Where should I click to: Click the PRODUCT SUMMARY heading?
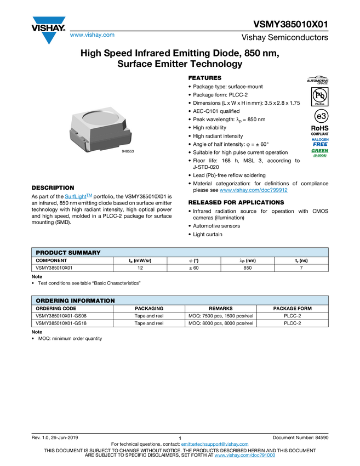[68, 252]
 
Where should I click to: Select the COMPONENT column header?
[52, 261]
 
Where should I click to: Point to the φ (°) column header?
[193, 261]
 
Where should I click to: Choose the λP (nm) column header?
[248, 261]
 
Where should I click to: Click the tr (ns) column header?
[301, 261]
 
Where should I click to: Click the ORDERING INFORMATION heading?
[75, 300]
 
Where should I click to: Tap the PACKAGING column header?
[149, 309]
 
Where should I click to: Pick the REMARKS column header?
[220, 309]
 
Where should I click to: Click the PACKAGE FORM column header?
[292, 309]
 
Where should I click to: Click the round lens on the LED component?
[101, 117]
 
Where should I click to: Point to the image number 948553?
[128, 151]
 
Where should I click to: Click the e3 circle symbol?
[318, 116]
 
